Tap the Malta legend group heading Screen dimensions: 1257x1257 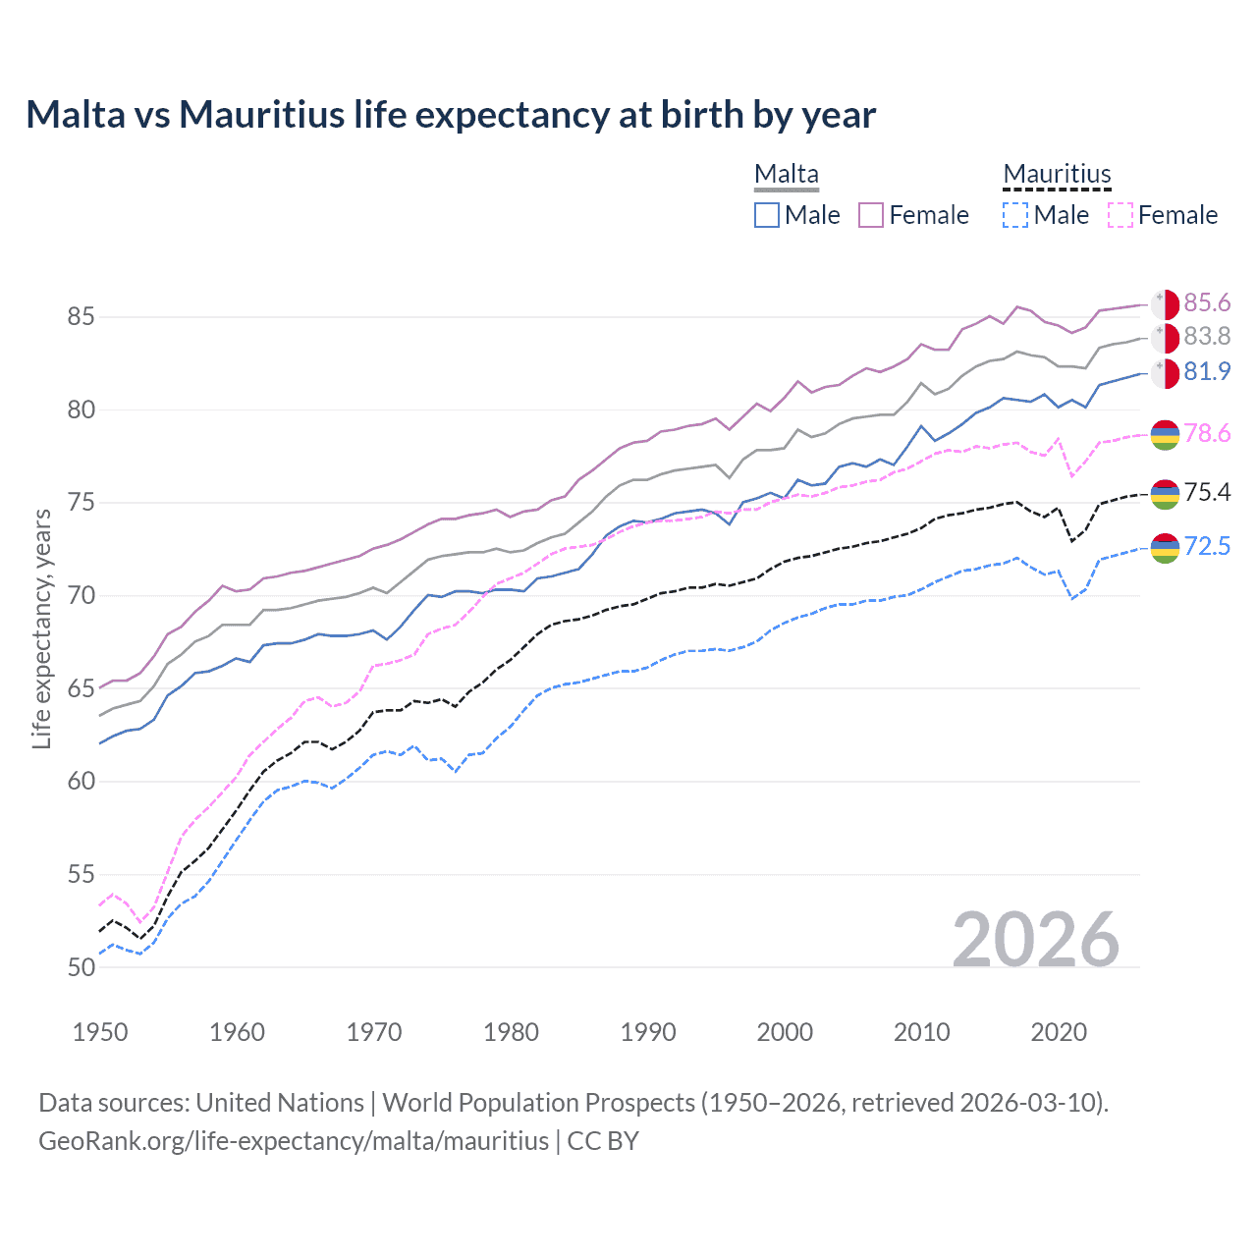(786, 175)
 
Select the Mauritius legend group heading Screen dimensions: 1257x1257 (1057, 175)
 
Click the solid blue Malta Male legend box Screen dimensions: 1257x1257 (767, 215)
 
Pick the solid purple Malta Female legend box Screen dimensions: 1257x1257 (871, 215)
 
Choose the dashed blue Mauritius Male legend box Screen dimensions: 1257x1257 (1015, 215)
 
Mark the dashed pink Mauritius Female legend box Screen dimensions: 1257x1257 (1120, 215)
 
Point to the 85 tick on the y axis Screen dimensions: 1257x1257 (81, 317)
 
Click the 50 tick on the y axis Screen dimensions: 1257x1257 (81, 967)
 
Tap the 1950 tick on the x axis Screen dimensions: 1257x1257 (100, 1032)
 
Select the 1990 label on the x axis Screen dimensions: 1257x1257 (648, 1032)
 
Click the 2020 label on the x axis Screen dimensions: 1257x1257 (1059, 1032)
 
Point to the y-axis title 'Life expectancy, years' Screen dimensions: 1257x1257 (41, 628)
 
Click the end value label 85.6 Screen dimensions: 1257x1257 (1207, 302)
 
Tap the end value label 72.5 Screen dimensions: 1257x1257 (1207, 547)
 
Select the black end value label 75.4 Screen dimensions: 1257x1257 (1207, 492)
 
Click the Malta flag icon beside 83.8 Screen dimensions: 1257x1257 (1165, 338)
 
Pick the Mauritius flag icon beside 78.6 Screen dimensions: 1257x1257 (1165, 434)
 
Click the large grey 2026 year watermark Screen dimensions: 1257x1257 (1035, 940)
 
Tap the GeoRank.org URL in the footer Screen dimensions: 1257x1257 (294, 1141)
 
